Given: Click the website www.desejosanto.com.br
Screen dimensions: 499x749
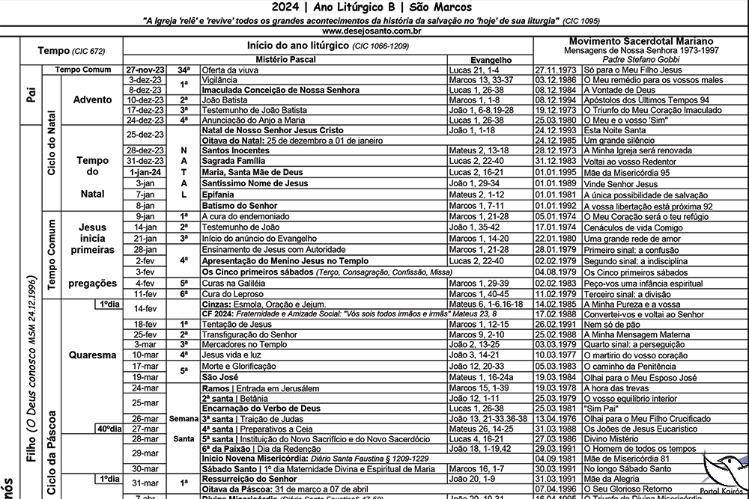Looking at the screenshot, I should (374, 32).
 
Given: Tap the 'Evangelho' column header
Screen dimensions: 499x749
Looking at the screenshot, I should (490, 58).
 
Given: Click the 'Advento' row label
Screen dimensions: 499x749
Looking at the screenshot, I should (93, 100).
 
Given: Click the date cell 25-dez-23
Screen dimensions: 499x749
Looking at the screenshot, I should (146, 135).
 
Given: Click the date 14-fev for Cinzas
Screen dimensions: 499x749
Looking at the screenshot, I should (145, 308).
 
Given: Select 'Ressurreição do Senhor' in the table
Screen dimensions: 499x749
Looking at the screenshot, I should (249, 479).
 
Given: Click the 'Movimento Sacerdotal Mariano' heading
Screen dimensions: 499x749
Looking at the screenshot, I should (640, 41).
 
